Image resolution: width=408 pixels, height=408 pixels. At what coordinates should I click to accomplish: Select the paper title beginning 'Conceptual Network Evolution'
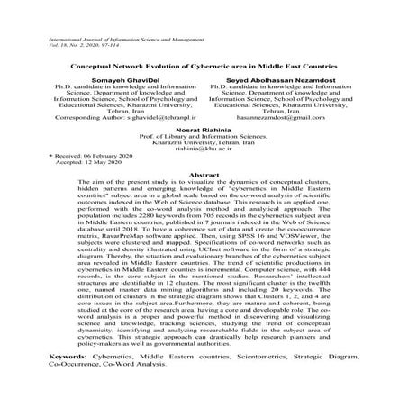[x=204, y=68]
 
